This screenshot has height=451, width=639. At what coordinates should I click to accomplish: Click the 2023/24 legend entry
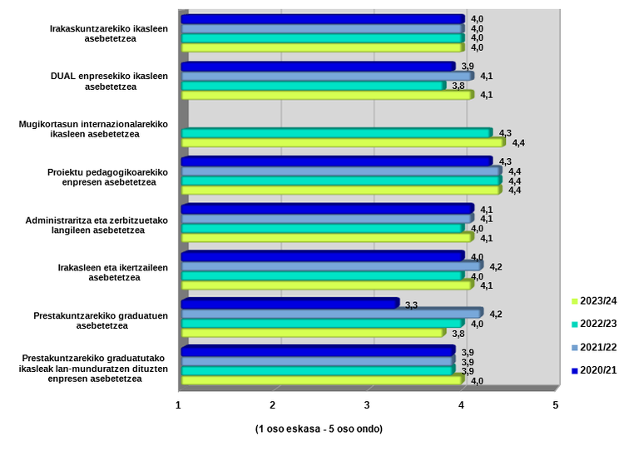click(x=597, y=300)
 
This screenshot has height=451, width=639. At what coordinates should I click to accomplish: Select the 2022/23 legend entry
click(x=597, y=324)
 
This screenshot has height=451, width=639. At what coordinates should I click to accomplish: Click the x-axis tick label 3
click(x=367, y=404)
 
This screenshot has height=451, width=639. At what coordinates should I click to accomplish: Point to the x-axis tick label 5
click(x=556, y=404)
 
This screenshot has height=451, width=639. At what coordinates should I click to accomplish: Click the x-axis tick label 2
click(x=273, y=404)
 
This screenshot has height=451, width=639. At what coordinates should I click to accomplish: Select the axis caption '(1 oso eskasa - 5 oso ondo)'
click(x=319, y=429)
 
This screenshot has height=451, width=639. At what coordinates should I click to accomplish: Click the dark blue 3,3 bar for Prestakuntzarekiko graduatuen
click(x=290, y=304)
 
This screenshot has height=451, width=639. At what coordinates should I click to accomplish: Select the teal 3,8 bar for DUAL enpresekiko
click(x=313, y=85)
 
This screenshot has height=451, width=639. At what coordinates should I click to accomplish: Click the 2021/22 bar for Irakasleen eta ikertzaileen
click(x=331, y=266)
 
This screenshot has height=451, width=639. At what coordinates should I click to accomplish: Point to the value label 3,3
click(x=410, y=305)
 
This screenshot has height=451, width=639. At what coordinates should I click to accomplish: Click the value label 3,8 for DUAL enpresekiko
click(x=458, y=85)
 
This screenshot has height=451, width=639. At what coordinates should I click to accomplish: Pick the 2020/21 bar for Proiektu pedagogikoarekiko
click(x=336, y=161)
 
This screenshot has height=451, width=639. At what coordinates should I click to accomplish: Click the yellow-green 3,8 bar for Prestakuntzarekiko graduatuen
click(x=313, y=333)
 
